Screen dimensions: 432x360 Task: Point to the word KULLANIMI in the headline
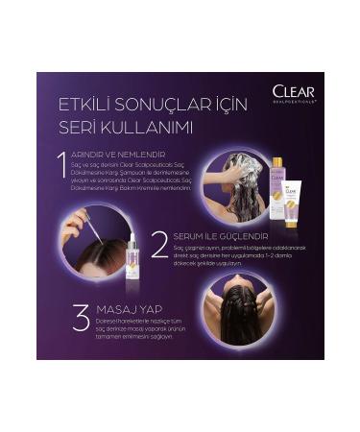point(148,127)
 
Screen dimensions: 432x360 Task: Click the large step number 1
point(60,167)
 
